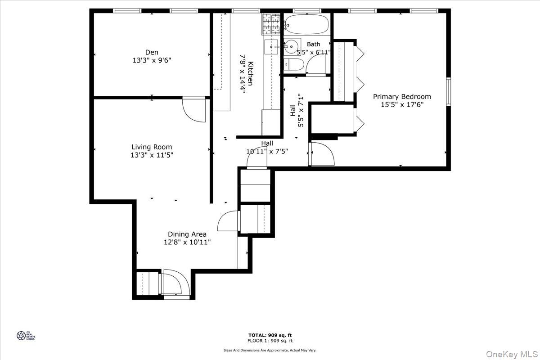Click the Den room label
point(152,52)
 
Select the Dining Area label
point(187,234)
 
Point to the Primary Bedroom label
point(402,96)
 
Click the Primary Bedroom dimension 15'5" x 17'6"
point(402,104)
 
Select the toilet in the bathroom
point(291,64)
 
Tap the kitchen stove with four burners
point(271,24)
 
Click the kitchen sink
point(271,45)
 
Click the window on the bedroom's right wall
point(448,92)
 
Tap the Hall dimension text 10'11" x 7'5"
point(267,151)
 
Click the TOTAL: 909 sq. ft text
point(270,335)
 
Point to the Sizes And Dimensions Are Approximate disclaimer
point(270,350)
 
